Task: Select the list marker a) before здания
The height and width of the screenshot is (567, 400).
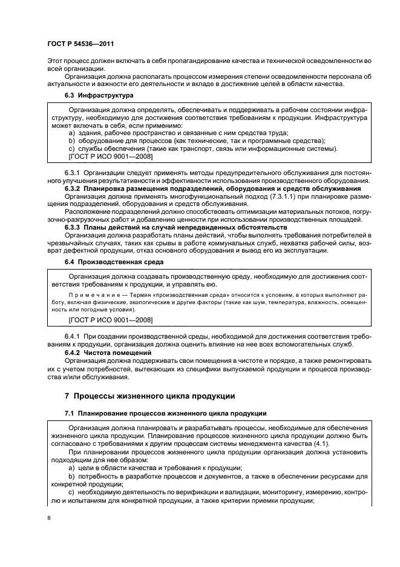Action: click(x=71, y=133)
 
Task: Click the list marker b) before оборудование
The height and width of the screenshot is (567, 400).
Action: click(x=71, y=141)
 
